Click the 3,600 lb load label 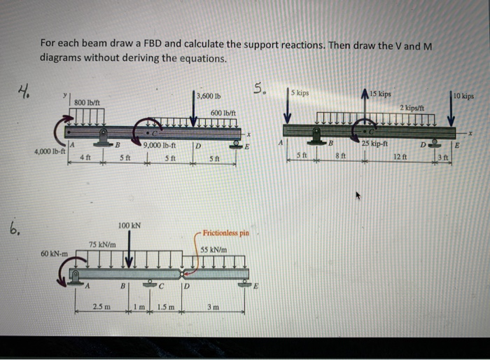click(x=208, y=96)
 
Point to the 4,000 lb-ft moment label click(x=50, y=150)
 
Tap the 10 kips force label click(x=463, y=95)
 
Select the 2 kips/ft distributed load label click(x=412, y=107)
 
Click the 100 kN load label click(x=129, y=226)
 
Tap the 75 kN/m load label click(x=101, y=244)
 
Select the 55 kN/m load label click(x=214, y=249)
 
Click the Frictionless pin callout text click(x=225, y=233)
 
